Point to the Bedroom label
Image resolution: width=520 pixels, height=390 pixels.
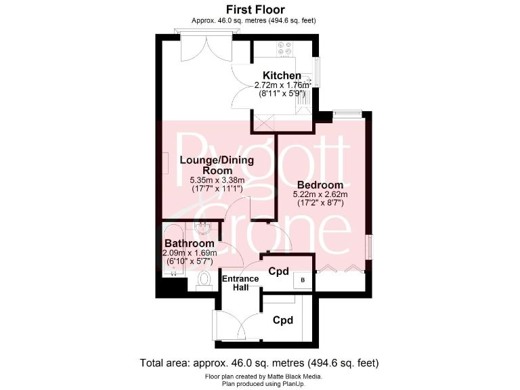320,184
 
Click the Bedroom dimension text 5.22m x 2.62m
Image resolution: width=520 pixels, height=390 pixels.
320,194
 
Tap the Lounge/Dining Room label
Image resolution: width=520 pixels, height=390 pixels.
217,165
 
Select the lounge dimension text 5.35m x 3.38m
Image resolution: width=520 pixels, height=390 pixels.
217,181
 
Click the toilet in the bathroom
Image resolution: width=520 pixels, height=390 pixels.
204,280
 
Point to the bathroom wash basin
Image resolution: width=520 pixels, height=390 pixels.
202,227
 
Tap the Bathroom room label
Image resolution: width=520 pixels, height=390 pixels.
190,243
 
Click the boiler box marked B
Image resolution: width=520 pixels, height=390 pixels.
302,280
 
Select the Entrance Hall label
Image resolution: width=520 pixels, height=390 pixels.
240,282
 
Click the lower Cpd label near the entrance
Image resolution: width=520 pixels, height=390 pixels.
282,320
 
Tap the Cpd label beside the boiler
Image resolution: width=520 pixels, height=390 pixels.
278,272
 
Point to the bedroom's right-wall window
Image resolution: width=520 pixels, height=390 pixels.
369,246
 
